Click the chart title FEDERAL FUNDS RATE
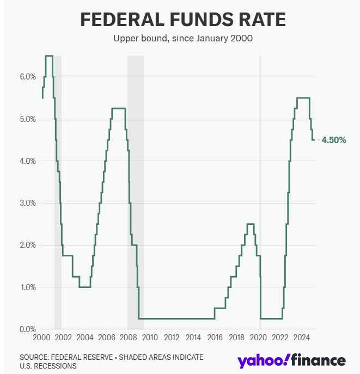(182, 20)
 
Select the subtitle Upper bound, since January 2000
(182, 39)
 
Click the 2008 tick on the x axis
(128, 338)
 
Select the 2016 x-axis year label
(215, 338)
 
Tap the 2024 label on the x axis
(302, 338)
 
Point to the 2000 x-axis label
(41, 338)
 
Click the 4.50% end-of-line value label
(334, 140)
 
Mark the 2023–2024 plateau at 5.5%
(303, 98)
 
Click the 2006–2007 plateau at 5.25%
(119, 108)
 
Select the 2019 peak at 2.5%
(251, 224)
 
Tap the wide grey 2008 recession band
(136, 191)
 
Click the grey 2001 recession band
(58, 191)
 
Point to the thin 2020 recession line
(260, 191)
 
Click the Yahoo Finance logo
(291, 360)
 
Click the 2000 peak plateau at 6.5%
(48, 56)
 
